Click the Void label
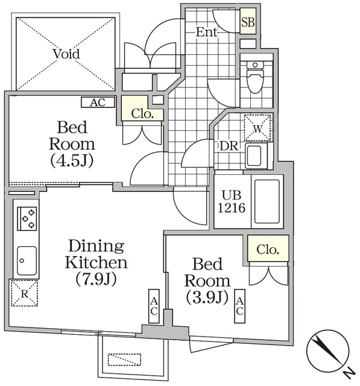(66, 54)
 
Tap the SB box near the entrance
(248, 23)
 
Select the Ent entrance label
(207, 33)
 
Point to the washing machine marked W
(257, 127)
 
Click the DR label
(227, 146)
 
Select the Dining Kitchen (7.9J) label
(96, 262)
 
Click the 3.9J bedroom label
(207, 280)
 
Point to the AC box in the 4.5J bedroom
(98, 103)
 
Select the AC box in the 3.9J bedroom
(239, 306)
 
